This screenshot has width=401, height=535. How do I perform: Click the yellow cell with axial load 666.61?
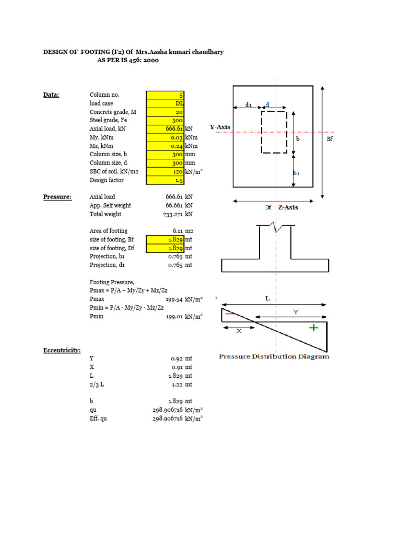[x=166, y=129]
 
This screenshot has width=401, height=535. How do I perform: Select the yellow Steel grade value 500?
[x=166, y=120]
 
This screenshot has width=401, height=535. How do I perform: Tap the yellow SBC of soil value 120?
[x=166, y=171]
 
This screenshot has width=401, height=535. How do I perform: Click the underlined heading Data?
[x=51, y=95]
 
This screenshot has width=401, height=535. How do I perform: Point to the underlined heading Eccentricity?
[x=62, y=350]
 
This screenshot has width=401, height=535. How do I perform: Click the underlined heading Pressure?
[x=57, y=197]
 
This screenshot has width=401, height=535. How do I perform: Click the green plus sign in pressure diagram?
[x=313, y=328]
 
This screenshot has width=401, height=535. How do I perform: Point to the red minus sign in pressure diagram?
[x=229, y=313]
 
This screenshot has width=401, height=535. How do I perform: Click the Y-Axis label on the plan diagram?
[x=220, y=127]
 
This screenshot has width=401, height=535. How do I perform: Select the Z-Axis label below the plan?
[x=288, y=207]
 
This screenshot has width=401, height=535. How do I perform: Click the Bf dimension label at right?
[x=330, y=139]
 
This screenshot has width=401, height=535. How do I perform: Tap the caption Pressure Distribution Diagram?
[x=274, y=357]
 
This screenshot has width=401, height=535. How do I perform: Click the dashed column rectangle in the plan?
[x=274, y=132]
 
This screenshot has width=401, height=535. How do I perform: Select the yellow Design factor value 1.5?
[x=166, y=180]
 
